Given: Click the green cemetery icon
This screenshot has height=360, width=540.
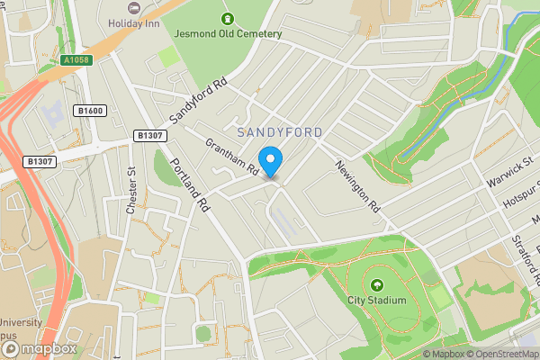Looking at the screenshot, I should tap(227, 17).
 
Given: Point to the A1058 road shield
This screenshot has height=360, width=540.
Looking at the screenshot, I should tap(77, 60).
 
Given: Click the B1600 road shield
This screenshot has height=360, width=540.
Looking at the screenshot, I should tap(91, 111).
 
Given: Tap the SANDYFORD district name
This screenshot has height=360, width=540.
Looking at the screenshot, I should tap(278, 132).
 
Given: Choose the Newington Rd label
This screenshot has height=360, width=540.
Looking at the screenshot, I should tap(358, 185).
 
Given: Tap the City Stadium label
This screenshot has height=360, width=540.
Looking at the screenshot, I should tap(377, 300).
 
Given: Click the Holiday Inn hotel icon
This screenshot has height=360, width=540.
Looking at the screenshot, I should tap(135, 6).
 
